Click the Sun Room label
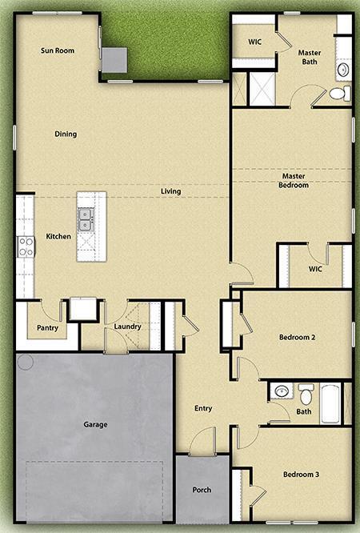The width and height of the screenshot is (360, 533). (x=58, y=50)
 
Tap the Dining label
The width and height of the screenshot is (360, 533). (x=66, y=134)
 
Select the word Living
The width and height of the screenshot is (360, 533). (x=170, y=191)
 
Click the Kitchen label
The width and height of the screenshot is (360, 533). (x=58, y=236)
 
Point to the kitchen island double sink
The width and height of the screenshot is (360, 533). (x=86, y=214)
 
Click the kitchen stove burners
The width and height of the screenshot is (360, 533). (x=26, y=246)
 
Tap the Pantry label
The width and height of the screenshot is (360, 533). (x=46, y=327)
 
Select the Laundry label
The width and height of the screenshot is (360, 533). (x=127, y=327)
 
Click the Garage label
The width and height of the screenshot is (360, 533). (x=95, y=424)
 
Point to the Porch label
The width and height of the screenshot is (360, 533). (x=202, y=490)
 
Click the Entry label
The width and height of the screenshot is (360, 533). (x=203, y=408)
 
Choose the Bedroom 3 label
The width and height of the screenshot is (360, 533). (x=301, y=475)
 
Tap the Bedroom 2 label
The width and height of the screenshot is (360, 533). (x=297, y=338)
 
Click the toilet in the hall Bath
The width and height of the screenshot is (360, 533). (x=306, y=395)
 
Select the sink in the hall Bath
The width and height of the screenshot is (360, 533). (x=281, y=391)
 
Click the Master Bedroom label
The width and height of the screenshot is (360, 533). (x=294, y=180)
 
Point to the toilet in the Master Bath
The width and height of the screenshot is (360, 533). (x=338, y=94)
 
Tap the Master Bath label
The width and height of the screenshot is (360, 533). (x=310, y=58)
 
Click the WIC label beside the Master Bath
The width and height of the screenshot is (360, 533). (x=255, y=40)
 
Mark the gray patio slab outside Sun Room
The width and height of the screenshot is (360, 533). (x=114, y=58)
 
